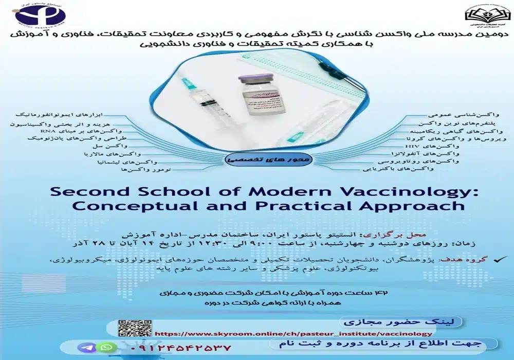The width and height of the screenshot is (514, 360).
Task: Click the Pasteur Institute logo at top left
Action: tap(41, 14)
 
